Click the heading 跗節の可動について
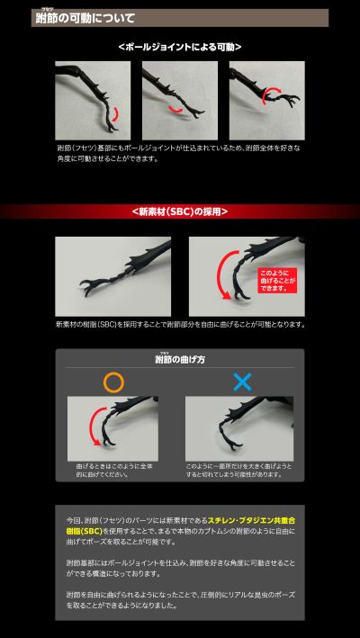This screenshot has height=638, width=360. pos(85,18)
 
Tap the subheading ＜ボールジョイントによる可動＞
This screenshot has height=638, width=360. pos(179,47)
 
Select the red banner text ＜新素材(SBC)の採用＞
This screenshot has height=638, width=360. pos(179,211)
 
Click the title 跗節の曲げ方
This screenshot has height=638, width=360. pos(179,359)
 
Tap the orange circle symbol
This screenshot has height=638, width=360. pos(113,382)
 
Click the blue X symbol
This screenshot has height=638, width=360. pos(242,382)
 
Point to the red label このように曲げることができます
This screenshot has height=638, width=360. pos(276,278)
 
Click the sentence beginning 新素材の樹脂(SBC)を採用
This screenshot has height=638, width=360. pos(179,324)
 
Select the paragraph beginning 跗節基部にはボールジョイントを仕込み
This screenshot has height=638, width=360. pos(179,567)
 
